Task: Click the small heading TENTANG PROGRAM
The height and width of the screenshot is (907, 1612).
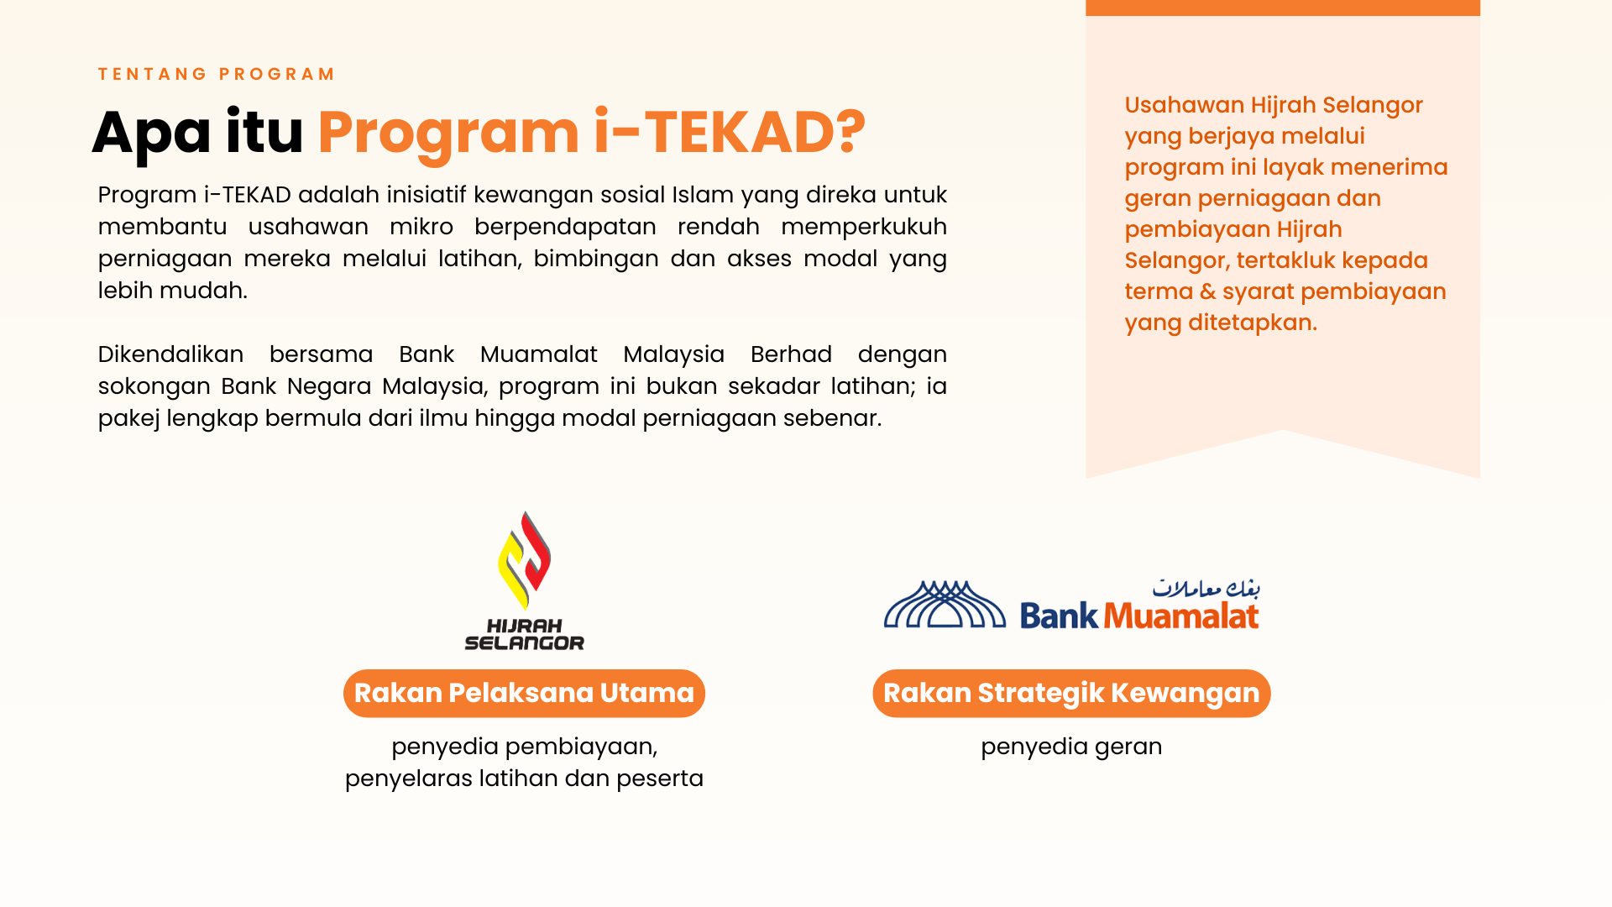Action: tap(217, 74)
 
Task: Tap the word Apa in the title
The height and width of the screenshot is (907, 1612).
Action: tap(151, 134)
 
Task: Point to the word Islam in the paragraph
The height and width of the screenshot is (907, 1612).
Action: tap(703, 195)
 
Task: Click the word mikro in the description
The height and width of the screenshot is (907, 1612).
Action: tap(421, 227)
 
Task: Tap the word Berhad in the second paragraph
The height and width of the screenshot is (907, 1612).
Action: tap(791, 354)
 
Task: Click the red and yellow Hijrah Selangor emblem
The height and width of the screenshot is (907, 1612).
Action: tap(525, 560)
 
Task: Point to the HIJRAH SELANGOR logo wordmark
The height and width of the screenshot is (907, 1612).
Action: tap(525, 635)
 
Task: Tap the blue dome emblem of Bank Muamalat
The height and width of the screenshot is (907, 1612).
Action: tap(945, 605)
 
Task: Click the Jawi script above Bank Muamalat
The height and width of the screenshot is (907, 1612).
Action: tap(1206, 588)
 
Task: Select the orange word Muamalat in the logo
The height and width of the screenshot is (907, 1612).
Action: tap(1181, 616)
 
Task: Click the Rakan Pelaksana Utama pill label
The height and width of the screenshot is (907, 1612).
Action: tap(524, 694)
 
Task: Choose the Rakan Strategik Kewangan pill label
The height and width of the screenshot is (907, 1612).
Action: tap(1071, 694)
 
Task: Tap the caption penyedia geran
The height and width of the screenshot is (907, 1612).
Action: tap(1071, 747)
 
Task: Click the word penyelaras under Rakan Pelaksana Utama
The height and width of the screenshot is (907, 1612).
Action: tap(409, 779)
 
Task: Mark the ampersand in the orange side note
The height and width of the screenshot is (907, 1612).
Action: tap(1208, 291)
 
